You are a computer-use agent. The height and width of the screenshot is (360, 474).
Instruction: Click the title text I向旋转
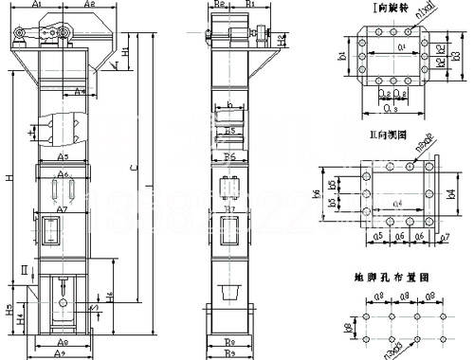click(x=388, y=9)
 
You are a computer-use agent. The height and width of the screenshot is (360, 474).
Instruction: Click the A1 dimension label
click(x=37, y=5)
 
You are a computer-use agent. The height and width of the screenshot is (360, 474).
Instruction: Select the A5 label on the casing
click(x=63, y=154)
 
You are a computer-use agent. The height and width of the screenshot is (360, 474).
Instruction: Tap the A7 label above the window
click(x=60, y=208)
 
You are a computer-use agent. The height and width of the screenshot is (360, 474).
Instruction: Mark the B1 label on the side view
click(x=248, y=5)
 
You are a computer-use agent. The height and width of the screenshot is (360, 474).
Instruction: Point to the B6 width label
click(x=228, y=154)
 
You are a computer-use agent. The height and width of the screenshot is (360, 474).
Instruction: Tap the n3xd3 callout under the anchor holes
click(x=390, y=351)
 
